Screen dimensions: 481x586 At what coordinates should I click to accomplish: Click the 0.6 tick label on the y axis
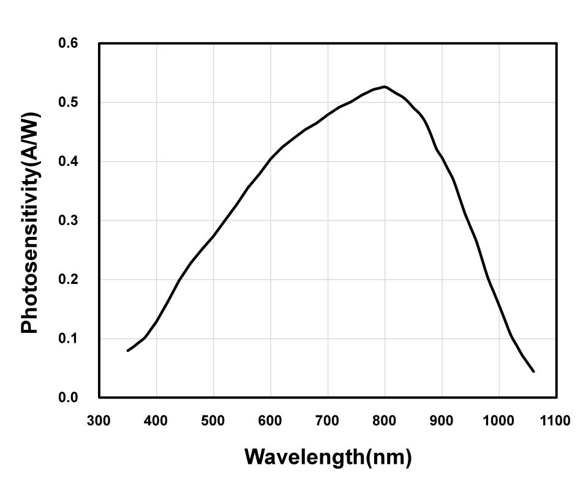pyautogui.click(x=68, y=43)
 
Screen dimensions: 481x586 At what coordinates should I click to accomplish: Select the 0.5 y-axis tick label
pyautogui.click(x=68, y=102)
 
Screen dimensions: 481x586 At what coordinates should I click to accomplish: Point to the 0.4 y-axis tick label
pyautogui.click(x=68, y=162)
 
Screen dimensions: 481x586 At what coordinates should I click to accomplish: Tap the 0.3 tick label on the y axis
pyautogui.click(x=68, y=220)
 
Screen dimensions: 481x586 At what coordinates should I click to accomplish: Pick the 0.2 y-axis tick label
pyautogui.click(x=68, y=280)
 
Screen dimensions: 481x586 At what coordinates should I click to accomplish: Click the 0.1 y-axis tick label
pyautogui.click(x=68, y=338)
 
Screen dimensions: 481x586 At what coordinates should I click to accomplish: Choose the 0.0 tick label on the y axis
pyautogui.click(x=68, y=398)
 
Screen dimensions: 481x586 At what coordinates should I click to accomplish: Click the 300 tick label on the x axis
pyautogui.click(x=99, y=421)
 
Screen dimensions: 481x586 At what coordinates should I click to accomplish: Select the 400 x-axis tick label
pyautogui.click(x=156, y=421)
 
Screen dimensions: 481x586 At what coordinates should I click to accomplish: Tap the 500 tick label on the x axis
pyautogui.click(x=214, y=421)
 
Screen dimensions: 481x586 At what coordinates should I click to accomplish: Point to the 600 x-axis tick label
pyautogui.click(x=271, y=421)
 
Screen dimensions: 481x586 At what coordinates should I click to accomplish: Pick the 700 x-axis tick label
pyautogui.click(x=328, y=421)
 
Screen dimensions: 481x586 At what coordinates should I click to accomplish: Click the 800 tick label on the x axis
pyautogui.click(x=385, y=421)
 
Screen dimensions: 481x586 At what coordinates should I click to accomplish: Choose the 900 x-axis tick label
pyautogui.click(x=442, y=421)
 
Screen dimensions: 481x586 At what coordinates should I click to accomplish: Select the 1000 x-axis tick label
pyautogui.click(x=499, y=421)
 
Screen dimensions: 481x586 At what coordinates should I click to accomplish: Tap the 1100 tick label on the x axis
pyautogui.click(x=556, y=421)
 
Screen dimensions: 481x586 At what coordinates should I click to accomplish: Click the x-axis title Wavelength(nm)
pyautogui.click(x=328, y=457)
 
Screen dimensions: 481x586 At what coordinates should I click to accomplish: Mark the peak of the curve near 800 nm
pyautogui.click(x=385, y=86)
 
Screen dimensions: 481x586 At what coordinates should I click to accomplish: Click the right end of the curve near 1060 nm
pyautogui.click(x=533, y=371)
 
